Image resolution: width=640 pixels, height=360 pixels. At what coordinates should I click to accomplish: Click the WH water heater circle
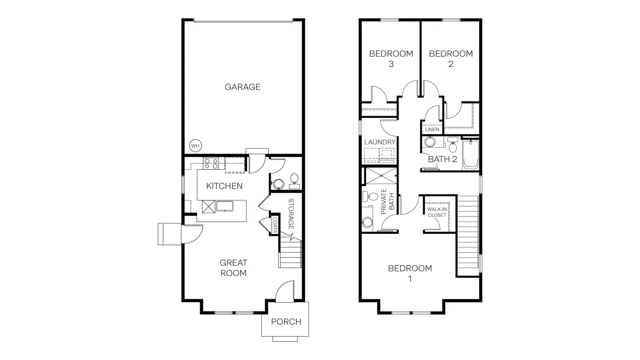point(196,146)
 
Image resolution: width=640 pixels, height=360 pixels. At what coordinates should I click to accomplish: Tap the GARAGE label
point(242,87)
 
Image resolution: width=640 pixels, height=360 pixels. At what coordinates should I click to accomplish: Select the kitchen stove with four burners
point(211,164)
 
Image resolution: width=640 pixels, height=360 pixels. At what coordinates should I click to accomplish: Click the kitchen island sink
point(224,206)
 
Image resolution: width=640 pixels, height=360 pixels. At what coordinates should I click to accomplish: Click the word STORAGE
point(291,214)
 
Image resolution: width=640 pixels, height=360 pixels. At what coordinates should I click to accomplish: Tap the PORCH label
point(286,322)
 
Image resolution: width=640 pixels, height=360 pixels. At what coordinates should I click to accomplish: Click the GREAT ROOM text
point(234,268)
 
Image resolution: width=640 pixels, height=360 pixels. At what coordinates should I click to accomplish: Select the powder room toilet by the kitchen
point(294,181)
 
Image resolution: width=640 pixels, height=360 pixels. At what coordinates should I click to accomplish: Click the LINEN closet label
point(432,130)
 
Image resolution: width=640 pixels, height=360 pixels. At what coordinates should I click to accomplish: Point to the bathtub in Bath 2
point(470,154)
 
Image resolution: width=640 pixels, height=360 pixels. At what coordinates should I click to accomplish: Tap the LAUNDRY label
point(380,142)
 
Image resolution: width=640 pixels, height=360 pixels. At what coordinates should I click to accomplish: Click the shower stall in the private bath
point(381,176)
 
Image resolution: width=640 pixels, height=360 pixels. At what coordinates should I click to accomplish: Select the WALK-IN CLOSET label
point(437,212)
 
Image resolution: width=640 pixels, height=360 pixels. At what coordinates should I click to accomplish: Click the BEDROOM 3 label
point(391,59)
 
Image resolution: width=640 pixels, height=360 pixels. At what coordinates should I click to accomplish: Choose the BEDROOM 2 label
point(451,59)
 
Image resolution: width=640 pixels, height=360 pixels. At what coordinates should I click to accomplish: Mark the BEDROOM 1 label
point(410,274)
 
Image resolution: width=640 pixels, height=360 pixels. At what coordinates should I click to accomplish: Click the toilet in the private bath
point(370,196)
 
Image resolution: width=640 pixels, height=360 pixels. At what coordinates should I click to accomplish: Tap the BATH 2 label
point(442,159)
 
